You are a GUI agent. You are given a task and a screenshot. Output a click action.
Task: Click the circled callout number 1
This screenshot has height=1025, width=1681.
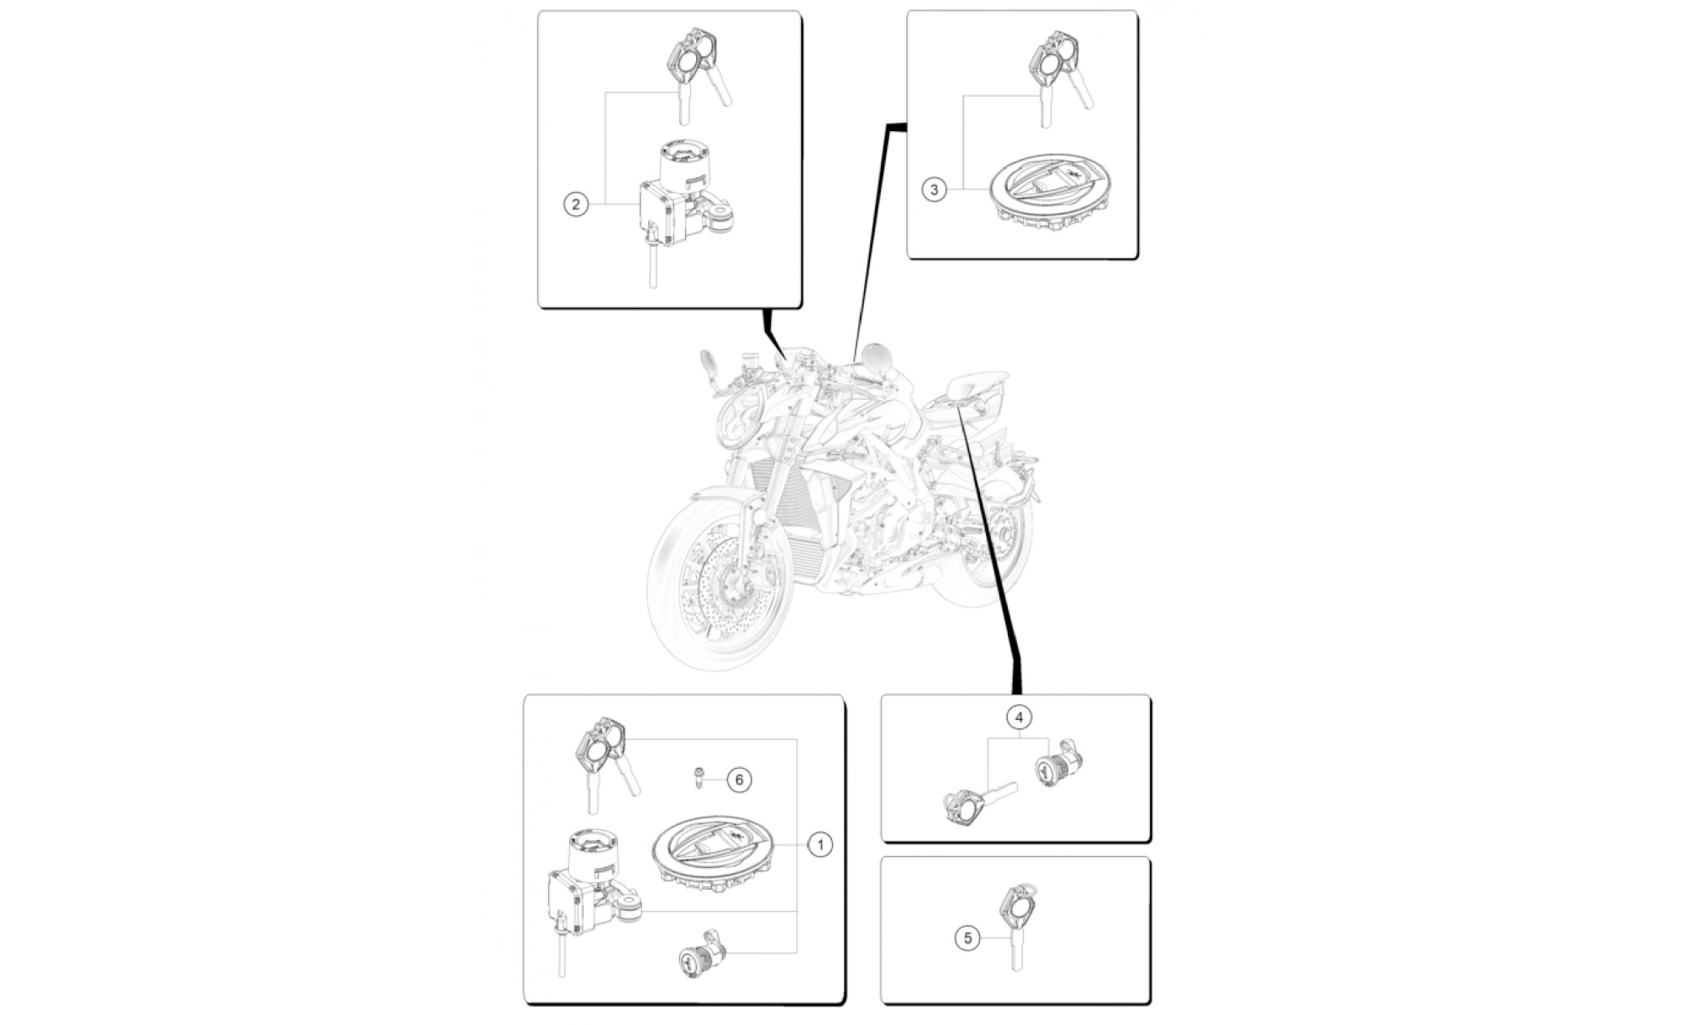click(x=820, y=844)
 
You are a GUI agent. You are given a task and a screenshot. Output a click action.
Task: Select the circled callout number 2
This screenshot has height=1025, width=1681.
click(x=576, y=204)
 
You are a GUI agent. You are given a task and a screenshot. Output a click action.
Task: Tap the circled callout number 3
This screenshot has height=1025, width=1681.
click(x=935, y=189)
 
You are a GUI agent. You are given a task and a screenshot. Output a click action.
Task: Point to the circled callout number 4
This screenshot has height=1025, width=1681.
click(x=1019, y=717)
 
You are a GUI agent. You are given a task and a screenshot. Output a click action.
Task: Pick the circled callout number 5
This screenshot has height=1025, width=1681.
click(x=967, y=938)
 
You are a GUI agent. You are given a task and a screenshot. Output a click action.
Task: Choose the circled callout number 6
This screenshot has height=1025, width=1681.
click(x=740, y=780)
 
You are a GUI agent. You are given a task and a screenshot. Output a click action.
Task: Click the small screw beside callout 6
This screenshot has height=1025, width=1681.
click(x=699, y=779)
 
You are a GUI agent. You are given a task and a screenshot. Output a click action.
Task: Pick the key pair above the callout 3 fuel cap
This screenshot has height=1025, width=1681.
click(x=1062, y=76)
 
